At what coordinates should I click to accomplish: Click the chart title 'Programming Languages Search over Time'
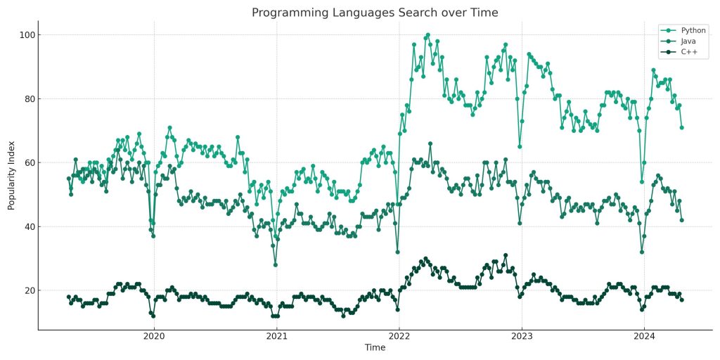tap(375, 13)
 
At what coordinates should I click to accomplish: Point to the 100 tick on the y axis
tap(27, 34)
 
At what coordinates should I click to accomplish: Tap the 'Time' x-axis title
tap(375, 349)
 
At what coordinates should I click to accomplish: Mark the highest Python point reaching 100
tap(427, 34)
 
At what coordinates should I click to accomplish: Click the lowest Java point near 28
tap(275, 265)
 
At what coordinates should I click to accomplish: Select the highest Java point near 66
tap(430, 143)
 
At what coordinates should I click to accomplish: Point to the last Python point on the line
tap(681, 127)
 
